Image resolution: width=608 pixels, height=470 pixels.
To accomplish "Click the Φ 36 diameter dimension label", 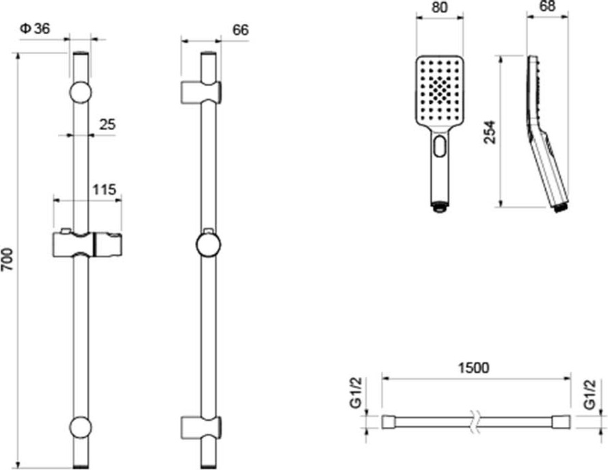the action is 35,29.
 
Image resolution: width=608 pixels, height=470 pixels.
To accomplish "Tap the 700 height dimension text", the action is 7,259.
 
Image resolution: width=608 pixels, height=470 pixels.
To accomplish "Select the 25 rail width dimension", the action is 107,125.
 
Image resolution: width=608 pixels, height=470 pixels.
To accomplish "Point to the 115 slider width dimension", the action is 105,190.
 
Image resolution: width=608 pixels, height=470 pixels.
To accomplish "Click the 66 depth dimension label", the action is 241,30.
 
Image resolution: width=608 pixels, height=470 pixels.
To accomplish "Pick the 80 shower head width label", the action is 439,7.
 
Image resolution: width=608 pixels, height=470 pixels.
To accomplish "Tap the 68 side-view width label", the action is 547,6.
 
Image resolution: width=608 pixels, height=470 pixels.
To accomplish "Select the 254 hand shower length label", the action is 490,132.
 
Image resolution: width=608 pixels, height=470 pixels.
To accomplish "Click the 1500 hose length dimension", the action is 474,367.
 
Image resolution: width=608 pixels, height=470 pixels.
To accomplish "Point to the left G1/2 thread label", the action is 356,393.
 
